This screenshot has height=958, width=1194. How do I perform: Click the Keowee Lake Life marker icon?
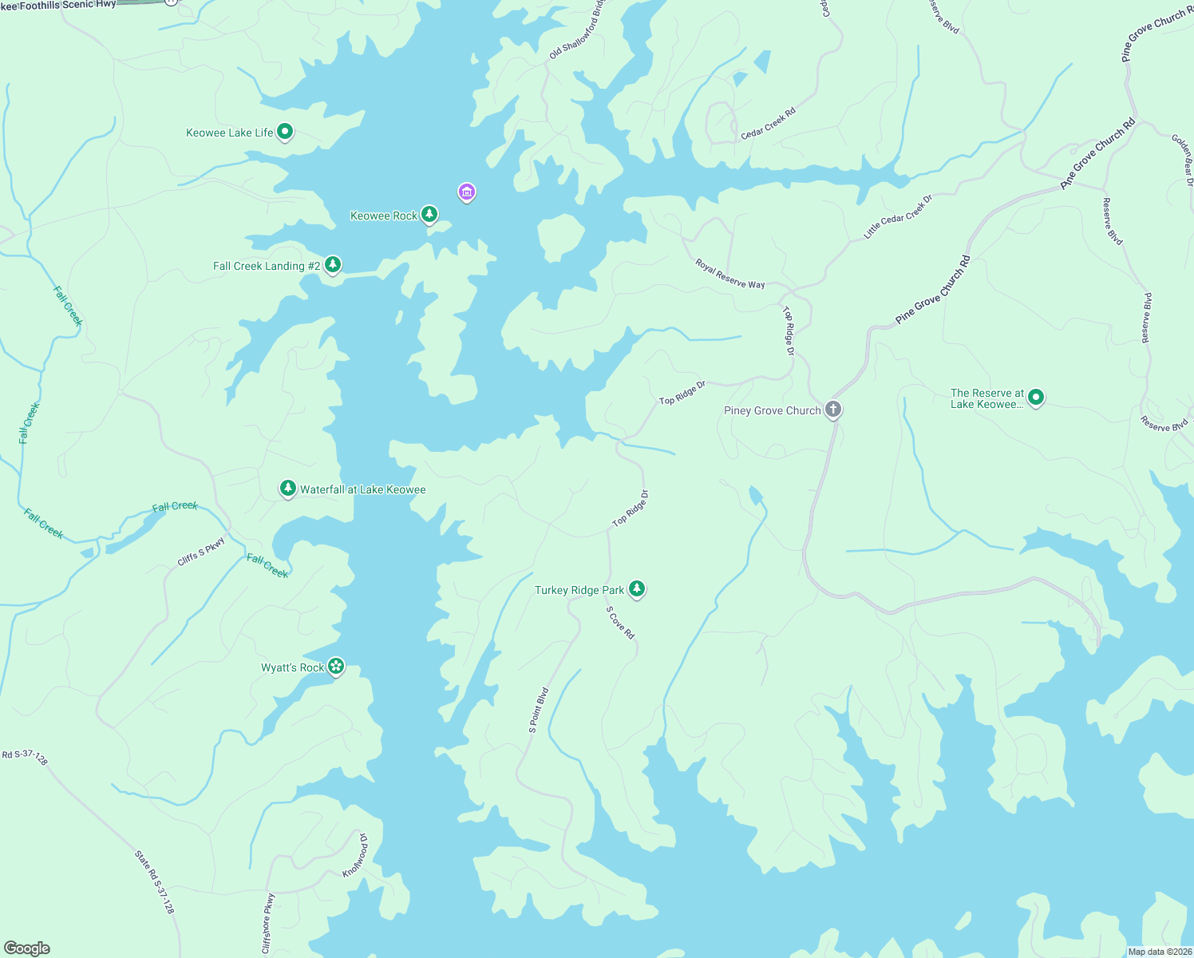coord(284,132)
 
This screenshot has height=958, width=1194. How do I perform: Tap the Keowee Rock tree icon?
coord(429,214)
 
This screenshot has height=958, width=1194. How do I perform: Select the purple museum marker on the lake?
coord(467,192)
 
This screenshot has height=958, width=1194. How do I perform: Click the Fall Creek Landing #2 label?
coord(266,266)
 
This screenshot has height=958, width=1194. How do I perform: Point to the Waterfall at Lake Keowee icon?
coord(288,488)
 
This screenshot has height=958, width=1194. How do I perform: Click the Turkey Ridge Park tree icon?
coord(636,588)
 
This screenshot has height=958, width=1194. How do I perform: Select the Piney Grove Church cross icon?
coord(832,410)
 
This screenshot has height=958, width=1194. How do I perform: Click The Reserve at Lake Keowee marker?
coord(1035,397)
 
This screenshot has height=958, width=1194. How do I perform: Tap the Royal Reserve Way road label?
coord(729,274)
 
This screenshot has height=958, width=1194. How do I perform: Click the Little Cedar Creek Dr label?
coord(898,217)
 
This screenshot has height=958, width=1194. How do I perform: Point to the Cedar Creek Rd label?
coord(768,124)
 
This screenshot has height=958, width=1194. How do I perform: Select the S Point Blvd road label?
coord(539,710)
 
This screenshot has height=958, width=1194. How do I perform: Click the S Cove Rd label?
coord(620,623)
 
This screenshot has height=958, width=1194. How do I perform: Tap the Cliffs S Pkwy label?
coord(201,552)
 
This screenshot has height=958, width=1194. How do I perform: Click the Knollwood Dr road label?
coord(356,856)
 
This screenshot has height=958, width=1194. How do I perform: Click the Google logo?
coord(27,948)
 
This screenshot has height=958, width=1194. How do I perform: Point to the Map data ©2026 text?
coord(1160,952)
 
